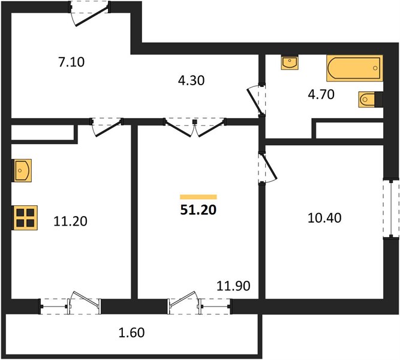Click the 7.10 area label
[x=71, y=62]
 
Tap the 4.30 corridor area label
[x=191, y=80]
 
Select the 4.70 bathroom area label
[x=321, y=94]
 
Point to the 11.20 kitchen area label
[x=70, y=221]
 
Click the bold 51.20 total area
[x=199, y=210]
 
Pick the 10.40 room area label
[x=324, y=218]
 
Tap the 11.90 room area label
[x=233, y=286]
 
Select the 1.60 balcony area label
[x=131, y=332]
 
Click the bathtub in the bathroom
[x=354, y=68]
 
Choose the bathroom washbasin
[x=290, y=62]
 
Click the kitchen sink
[x=22, y=170]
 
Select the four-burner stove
[x=25, y=218]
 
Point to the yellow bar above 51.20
[x=199, y=197]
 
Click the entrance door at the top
[x=89, y=13]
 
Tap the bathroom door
[x=257, y=100]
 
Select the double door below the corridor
[x=195, y=127]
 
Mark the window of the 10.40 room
[x=391, y=209]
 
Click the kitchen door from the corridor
[x=107, y=127]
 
